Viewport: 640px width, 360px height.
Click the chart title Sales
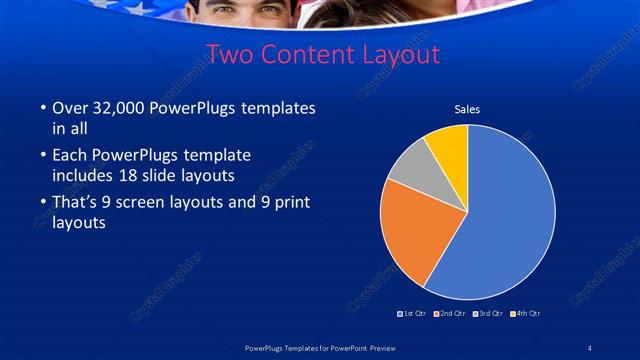[467, 109]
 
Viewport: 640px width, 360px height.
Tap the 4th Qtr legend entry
[526, 314]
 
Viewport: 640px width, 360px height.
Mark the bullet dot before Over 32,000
[41, 108]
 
